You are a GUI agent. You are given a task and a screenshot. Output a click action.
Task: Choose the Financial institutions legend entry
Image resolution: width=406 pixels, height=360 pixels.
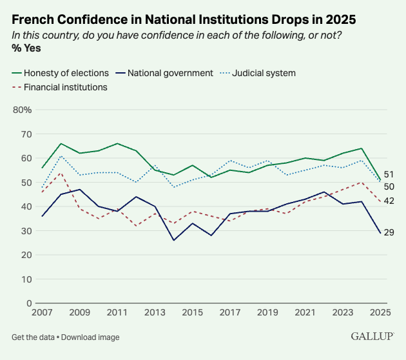65,86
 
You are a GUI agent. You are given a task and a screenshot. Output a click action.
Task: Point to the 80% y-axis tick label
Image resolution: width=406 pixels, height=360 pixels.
22,110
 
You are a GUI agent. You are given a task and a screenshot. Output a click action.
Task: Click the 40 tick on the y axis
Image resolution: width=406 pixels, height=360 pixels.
25,206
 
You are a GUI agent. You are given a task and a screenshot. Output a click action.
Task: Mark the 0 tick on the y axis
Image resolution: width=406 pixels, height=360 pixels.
28,303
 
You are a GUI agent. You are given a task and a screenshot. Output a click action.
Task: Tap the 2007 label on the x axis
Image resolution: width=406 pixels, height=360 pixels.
42,314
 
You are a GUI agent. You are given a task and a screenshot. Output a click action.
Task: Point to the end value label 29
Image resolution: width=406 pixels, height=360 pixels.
389,232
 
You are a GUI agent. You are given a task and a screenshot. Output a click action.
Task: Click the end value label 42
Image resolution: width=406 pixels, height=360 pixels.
389,201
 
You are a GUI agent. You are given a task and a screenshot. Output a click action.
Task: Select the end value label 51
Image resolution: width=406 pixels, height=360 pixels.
389,174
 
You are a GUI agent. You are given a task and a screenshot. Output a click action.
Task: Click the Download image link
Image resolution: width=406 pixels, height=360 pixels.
91,337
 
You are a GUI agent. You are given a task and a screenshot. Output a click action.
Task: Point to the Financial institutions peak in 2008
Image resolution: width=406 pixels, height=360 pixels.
61,173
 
